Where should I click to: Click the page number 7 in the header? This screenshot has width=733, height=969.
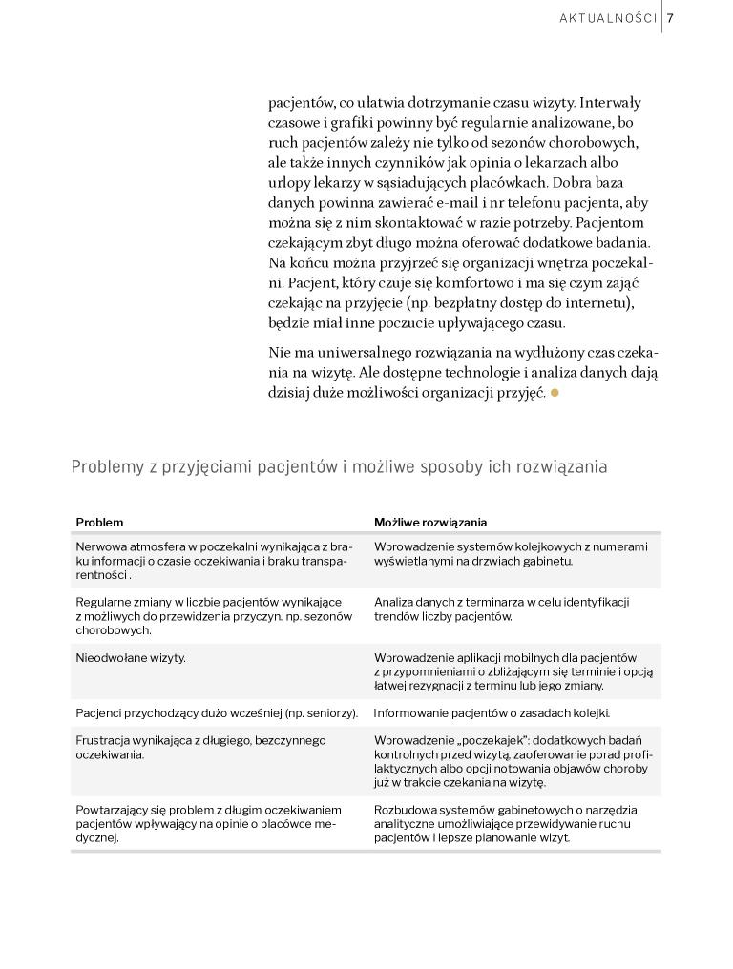(671, 18)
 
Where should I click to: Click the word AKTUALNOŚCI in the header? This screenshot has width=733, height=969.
(608, 18)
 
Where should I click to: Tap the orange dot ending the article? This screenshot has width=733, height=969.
(555, 392)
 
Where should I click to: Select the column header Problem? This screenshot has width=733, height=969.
(99, 523)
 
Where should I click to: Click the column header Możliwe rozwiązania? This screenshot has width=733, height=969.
(429, 523)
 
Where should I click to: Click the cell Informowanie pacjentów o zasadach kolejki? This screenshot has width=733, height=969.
(492, 712)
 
